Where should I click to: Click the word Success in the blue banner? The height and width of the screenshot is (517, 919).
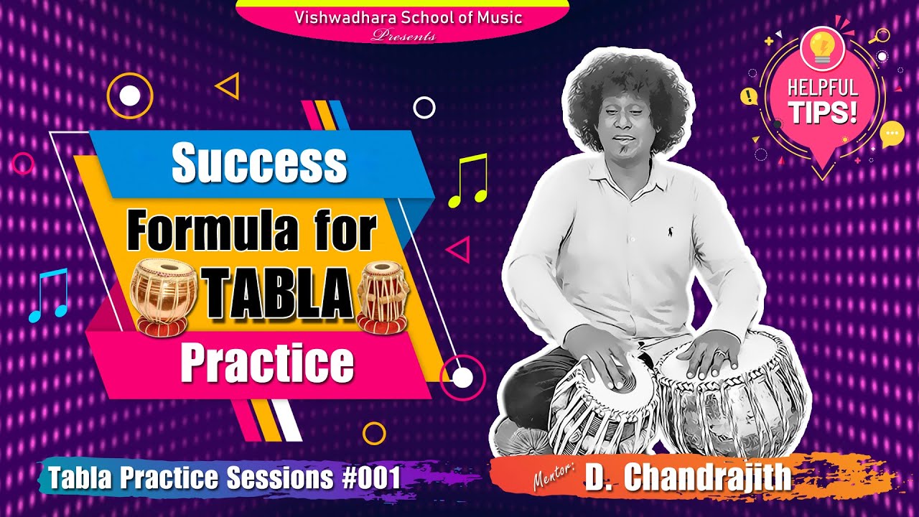pos(259,164)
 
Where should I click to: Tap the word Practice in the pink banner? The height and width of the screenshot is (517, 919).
pos(267,364)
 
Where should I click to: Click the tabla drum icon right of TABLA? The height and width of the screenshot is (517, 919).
pos(383,296)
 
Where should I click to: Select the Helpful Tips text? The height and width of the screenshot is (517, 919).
pos(823,100)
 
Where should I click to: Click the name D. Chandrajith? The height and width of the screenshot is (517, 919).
pos(688,478)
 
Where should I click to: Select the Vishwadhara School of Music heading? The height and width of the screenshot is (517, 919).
pos(408,17)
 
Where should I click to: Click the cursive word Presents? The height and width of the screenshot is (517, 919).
pos(403,36)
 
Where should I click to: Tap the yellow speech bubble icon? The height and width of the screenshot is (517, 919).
pos(891,134)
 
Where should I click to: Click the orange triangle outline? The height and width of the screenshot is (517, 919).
pos(228,87)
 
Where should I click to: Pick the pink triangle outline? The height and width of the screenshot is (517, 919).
pos(459,250)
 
